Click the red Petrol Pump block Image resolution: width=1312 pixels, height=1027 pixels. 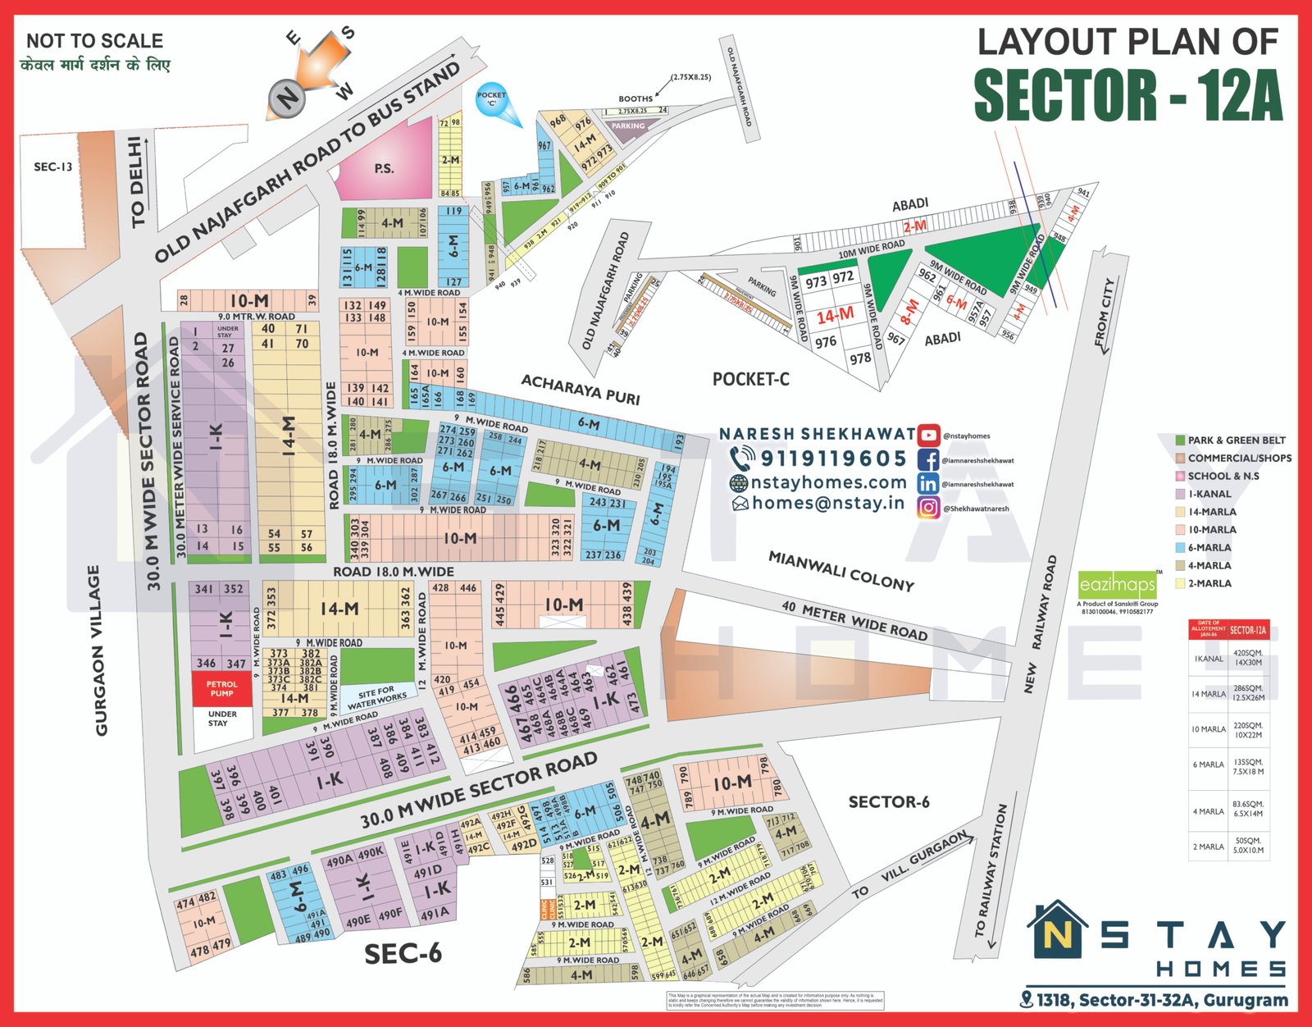221,688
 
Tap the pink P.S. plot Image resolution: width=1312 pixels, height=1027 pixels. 384,168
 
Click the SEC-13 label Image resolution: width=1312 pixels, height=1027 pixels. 53,167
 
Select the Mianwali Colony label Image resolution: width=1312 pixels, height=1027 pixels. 840,570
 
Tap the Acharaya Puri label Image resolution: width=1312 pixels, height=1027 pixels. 581,389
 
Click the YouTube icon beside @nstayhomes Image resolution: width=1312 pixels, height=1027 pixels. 928,435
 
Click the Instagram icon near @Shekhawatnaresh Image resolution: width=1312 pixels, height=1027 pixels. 928,508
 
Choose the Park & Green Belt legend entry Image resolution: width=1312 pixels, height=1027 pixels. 1230,440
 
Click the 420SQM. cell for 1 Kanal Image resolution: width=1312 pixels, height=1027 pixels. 1248,657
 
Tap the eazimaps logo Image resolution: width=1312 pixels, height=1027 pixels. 1117,585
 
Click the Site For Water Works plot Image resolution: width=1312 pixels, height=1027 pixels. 376,697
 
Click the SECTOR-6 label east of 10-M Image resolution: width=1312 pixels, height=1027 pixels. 889,801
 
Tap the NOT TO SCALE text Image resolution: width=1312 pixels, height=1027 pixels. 94,41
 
